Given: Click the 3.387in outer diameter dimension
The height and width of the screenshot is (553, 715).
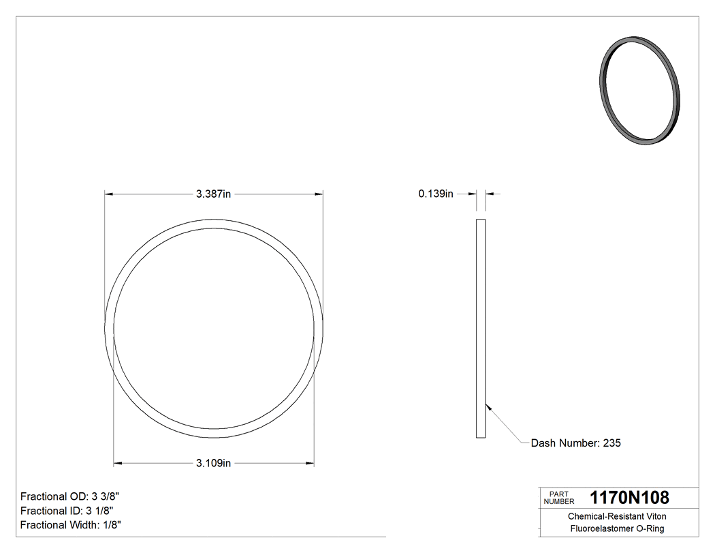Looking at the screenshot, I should pyautogui.click(x=214, y=194).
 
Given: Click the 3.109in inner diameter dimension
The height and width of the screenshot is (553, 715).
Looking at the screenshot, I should pyautogui.click(x=214, y=464).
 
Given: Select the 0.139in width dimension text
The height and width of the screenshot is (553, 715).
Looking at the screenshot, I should pyautogui.click(x=436, y=194).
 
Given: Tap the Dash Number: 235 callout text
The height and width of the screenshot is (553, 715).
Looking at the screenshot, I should pyautogui.click(x=576, y=443).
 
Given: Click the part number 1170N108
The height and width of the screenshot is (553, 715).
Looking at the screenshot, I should pyautogui.click(x=629, y=497).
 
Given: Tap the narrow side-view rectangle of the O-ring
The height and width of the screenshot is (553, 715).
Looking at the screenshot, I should pyautogui.click(x=480, y=328).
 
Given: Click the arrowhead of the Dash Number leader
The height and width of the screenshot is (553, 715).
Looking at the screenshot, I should pyautogui.click(x=488, y=407).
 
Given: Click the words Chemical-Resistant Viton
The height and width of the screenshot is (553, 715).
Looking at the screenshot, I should pyautogui.click(x=617, y=517).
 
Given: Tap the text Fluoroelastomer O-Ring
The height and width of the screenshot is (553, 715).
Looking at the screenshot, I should pyautogui.click(x=617, y=528).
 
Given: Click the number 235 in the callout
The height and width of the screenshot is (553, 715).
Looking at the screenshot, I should pyautogui.click(x=611, y=443).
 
